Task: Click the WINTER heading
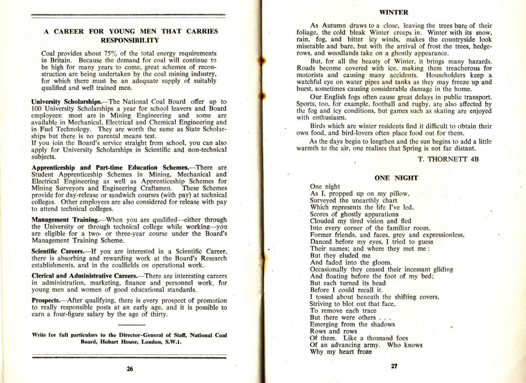point(394,12)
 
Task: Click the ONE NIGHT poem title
point(396,178)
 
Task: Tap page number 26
point(130,369)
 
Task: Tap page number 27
point(394,366)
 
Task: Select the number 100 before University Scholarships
point(37,109)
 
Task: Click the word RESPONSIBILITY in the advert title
point(131,40)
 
